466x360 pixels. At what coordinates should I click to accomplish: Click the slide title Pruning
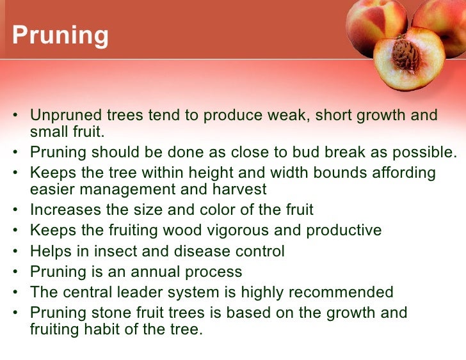click(x=60, y=36)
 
